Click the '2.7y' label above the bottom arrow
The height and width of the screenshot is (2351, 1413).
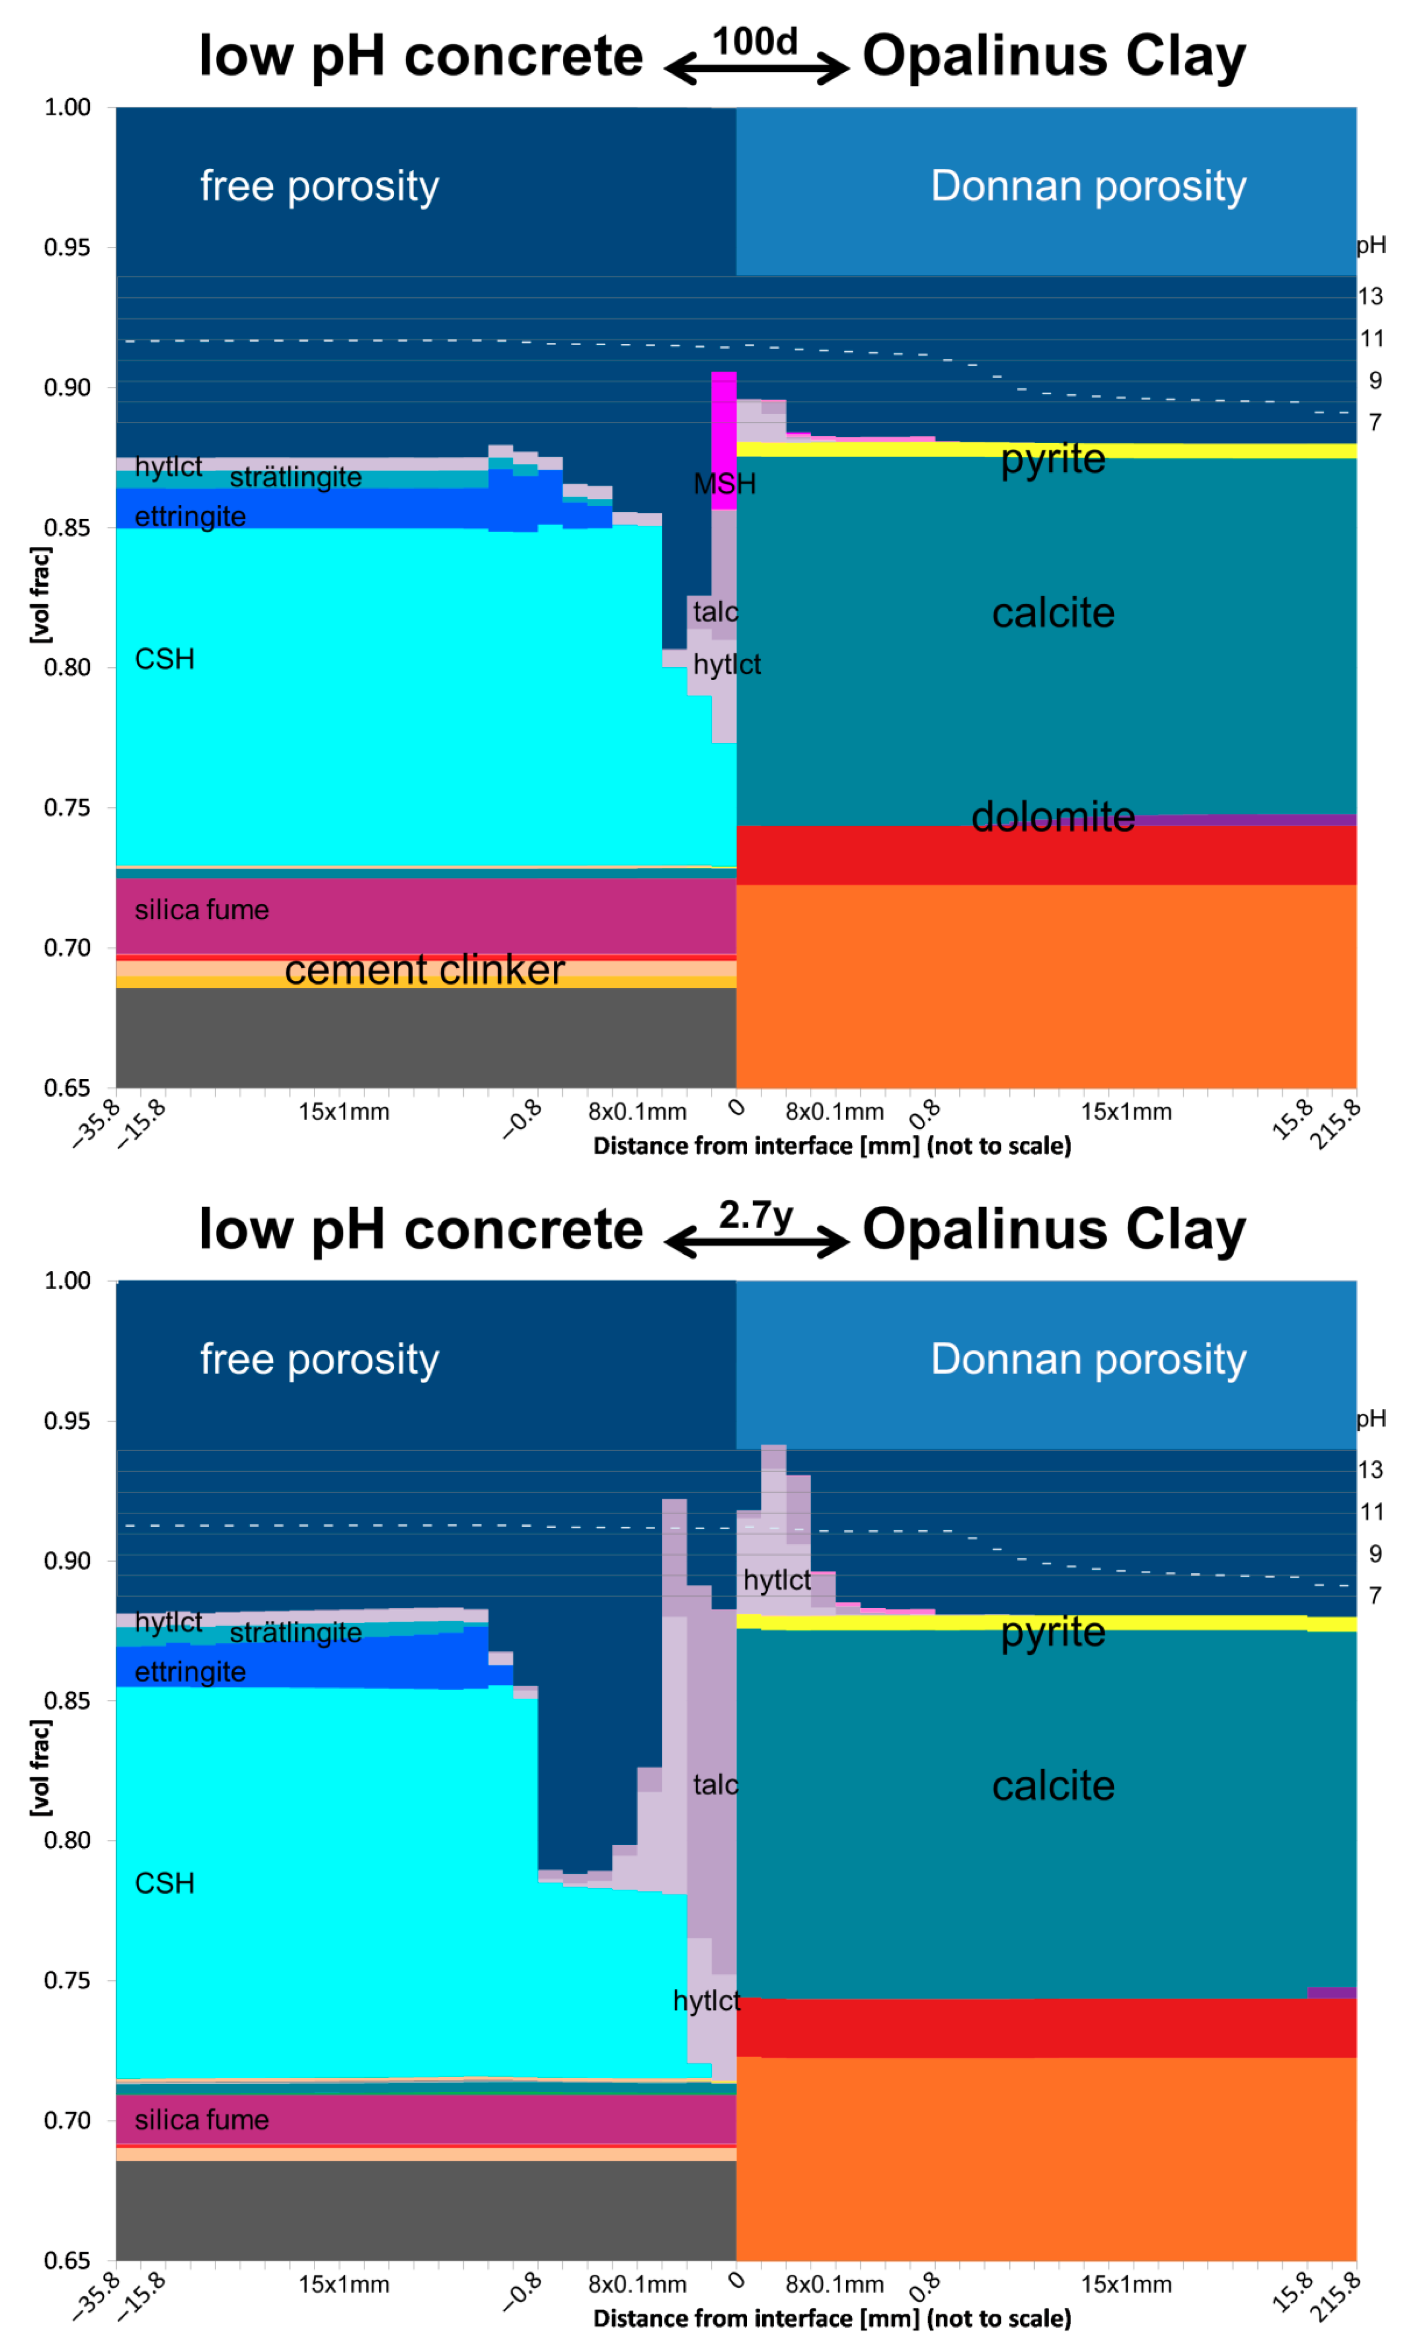755,1215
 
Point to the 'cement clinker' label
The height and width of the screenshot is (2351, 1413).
425,970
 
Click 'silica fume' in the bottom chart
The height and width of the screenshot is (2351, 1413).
202,2120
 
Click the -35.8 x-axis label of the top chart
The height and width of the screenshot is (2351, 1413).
97,1123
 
